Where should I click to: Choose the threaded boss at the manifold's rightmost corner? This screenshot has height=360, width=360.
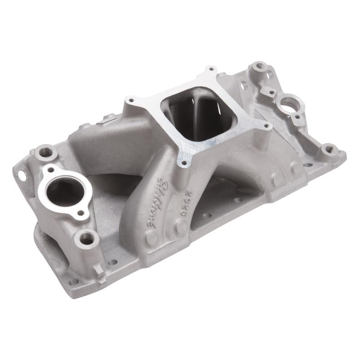click(329, 149)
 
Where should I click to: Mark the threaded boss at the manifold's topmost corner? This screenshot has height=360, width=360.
click(258, 67)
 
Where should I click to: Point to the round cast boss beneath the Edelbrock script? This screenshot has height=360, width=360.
click(152, 238)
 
